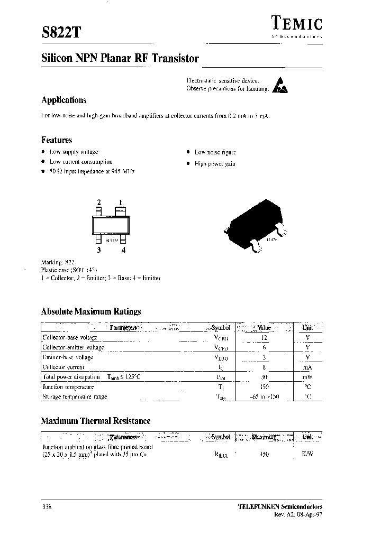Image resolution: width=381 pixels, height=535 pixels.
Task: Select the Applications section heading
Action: pos(63,100)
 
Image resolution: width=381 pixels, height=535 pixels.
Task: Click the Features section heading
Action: pos(57,140)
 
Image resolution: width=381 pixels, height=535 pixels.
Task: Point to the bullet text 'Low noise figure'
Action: pos(215,152)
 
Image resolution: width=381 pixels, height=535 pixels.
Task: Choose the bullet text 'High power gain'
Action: pos(215,164)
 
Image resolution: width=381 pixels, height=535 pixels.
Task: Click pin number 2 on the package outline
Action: pos(98,202)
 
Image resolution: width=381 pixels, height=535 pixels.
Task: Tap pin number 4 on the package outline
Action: pos(123,251)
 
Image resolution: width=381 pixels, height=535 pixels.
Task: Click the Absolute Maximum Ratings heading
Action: pos(91,312)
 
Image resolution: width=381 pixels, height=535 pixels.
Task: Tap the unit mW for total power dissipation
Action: pos(307,377)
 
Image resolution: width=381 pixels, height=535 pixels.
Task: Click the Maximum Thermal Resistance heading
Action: pos(96,421)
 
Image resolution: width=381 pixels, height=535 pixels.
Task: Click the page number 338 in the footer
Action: pos(47,506)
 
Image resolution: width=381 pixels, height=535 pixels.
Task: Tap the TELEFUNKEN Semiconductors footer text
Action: pos(279,506)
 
